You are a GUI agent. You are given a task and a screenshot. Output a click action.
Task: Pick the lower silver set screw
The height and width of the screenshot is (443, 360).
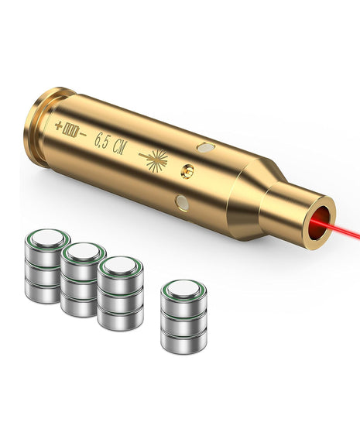[183, 202]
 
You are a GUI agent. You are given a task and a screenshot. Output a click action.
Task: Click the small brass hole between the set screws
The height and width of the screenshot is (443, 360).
[187, 169]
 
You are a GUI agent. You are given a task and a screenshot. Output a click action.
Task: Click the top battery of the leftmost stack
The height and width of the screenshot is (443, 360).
[44, 242]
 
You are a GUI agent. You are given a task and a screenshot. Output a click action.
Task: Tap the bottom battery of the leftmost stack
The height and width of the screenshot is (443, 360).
[43, 290]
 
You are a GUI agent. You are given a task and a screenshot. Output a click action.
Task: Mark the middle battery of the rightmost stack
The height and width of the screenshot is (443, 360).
[183, 319]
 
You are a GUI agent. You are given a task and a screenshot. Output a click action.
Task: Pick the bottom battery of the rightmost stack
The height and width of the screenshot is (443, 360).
[183, 338]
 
